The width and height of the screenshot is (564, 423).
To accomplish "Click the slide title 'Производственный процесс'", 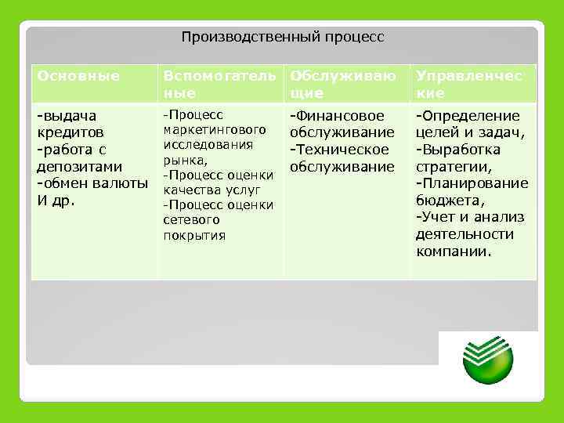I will click(x=283, y=37).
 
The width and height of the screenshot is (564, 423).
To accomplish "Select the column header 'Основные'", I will click(x=78, y=76).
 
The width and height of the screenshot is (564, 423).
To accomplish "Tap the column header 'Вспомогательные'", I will click(x=219, y=84).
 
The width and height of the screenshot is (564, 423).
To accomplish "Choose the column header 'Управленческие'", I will click(x=472, y=84).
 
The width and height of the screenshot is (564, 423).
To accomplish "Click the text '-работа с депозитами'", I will click(x=79, y=158).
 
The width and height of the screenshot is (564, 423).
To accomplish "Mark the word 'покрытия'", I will click(x=194, y=235).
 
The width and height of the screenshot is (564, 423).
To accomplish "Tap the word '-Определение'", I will click(x=467, y=116).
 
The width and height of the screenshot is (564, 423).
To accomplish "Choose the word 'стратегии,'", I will click(x=454, y=167).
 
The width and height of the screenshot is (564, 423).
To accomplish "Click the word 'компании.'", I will click(x=454, y=251).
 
